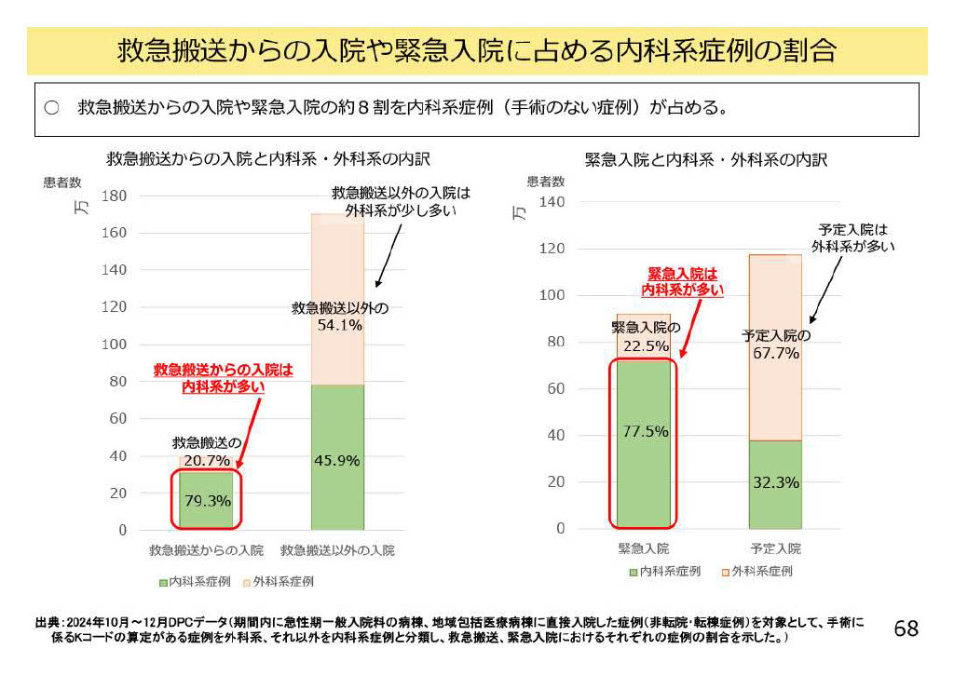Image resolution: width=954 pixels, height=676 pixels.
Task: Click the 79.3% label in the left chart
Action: point(208,501)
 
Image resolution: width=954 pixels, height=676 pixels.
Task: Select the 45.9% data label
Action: point(336,460)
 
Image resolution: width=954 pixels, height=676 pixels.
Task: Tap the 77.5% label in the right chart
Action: point(642,431)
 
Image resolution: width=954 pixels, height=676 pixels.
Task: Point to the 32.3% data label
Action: point(775,482)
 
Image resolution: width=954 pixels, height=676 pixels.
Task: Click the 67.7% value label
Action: point(775,353)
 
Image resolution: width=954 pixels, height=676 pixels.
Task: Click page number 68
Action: point(906,629)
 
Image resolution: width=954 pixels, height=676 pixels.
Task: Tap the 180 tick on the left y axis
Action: point(115,196)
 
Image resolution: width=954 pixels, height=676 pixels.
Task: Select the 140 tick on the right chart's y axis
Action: point(552,202)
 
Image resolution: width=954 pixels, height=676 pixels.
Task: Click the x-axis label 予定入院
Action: point(775,548)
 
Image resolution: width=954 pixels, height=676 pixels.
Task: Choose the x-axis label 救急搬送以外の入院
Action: point(337,549)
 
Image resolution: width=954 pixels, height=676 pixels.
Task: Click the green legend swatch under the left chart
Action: point(163,582)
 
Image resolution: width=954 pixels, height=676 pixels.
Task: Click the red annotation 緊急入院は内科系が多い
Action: point(683,282)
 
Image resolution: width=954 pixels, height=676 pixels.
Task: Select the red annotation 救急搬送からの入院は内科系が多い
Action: point(223,378)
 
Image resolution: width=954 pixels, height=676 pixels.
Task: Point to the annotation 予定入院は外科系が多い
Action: point(852,237)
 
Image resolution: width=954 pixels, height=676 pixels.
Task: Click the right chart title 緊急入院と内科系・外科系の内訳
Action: point(705,159)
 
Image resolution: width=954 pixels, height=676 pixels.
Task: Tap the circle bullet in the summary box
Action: point(52,107)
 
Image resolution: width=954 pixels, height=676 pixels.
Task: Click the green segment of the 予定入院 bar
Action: point(775,503)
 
